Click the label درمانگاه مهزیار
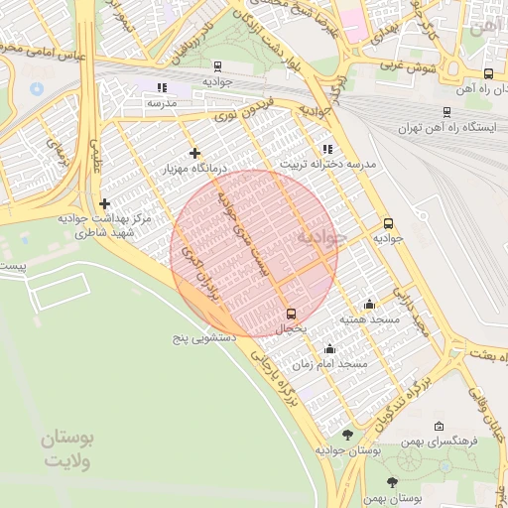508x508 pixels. [195, 170]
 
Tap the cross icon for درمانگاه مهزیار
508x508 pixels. [194, 153]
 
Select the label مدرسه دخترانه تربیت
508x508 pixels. [327, 163]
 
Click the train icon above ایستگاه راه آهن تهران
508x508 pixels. [446, 112]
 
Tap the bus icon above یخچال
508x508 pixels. [290, 313]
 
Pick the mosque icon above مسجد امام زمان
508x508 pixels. [329, 348]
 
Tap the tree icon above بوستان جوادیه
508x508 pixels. [346, 435]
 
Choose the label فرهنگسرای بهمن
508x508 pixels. [442, 440]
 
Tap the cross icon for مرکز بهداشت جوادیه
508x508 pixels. [104, 203]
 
